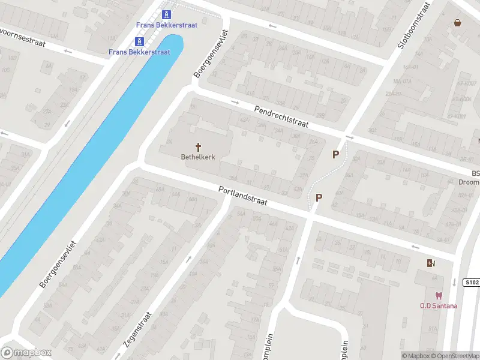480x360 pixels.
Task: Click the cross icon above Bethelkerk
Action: [198, 147]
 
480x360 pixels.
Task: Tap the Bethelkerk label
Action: [198, 157]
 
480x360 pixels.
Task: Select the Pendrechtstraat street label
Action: [281, 116]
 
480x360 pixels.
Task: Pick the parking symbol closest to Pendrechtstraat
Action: [336, 155]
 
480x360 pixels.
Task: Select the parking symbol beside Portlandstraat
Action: [319, 197]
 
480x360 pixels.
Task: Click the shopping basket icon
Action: [458, 23]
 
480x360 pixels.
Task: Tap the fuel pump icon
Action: [431, 263]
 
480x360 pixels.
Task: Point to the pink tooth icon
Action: [439, 296]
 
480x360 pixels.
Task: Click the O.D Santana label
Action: [439, 306]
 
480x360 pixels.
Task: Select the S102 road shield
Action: [472, 282]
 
